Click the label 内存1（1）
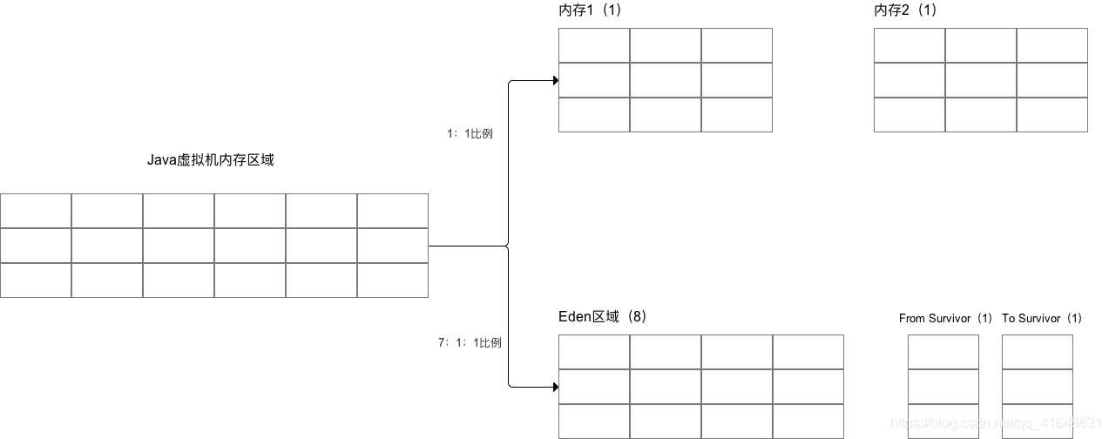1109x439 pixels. pos(591,10)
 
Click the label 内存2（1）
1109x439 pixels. pos(906,10)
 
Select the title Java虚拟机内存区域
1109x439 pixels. pos(211,159)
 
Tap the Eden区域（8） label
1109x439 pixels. pos(602,316)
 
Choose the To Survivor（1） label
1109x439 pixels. pos(1042,318)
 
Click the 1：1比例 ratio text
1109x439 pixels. pos(470,133)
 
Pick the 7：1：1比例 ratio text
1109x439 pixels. pos(470,342)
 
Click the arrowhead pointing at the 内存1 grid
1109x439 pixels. pos(554,81)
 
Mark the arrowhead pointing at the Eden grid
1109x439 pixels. pos(554,386)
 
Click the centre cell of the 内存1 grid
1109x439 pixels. pos(666,80)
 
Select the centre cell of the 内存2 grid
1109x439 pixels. pos(981,80)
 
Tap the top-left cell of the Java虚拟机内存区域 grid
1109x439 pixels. pos(36,211)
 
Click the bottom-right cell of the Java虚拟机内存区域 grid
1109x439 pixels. pos(393,280)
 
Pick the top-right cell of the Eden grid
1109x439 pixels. pos(808,352)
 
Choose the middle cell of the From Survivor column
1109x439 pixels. pos(943,387)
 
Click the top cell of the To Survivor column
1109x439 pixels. pos(1038,352)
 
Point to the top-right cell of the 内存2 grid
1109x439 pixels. pos(1052,45)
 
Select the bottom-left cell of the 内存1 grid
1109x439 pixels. pos(594,115)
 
